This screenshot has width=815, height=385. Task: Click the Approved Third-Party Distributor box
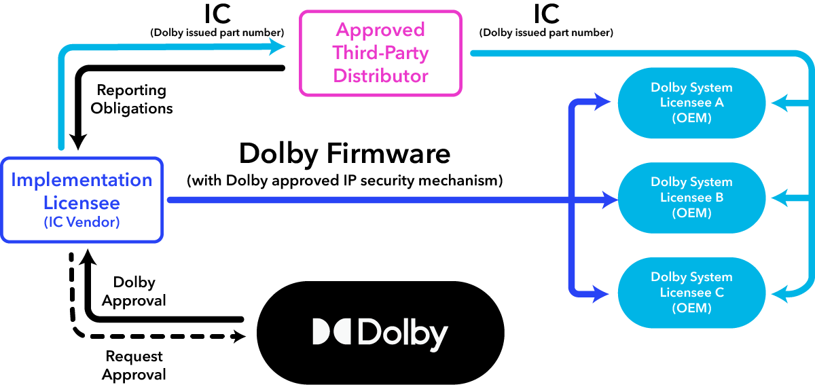click(x=380, y=53)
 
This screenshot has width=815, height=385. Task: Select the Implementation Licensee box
click(x=81, y=200)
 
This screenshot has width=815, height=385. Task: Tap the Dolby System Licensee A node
click(x=691, y=103)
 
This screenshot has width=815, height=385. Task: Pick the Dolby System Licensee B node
click(x=691, y=198)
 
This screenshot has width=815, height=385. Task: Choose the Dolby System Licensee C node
click(x=691, y=293)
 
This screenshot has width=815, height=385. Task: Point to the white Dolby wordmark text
click(x=402, y=333)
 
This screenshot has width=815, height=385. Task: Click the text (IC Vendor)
click(x=81, y=222)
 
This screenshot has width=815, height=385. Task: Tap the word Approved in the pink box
click(x=380, y=30)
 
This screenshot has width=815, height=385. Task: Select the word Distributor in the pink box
click(x=380, y=75)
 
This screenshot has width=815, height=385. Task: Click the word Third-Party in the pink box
click(x=380, y=53)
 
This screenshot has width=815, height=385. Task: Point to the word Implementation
click(x=81, y=180)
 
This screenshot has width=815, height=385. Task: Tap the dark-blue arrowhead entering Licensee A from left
click(x=602, y=103)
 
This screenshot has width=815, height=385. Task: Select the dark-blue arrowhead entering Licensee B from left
click(x=609, y=200)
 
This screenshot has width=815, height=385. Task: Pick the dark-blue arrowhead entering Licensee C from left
click(x=602, y=294)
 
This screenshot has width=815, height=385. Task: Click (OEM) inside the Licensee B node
click(x=691, y=213)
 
